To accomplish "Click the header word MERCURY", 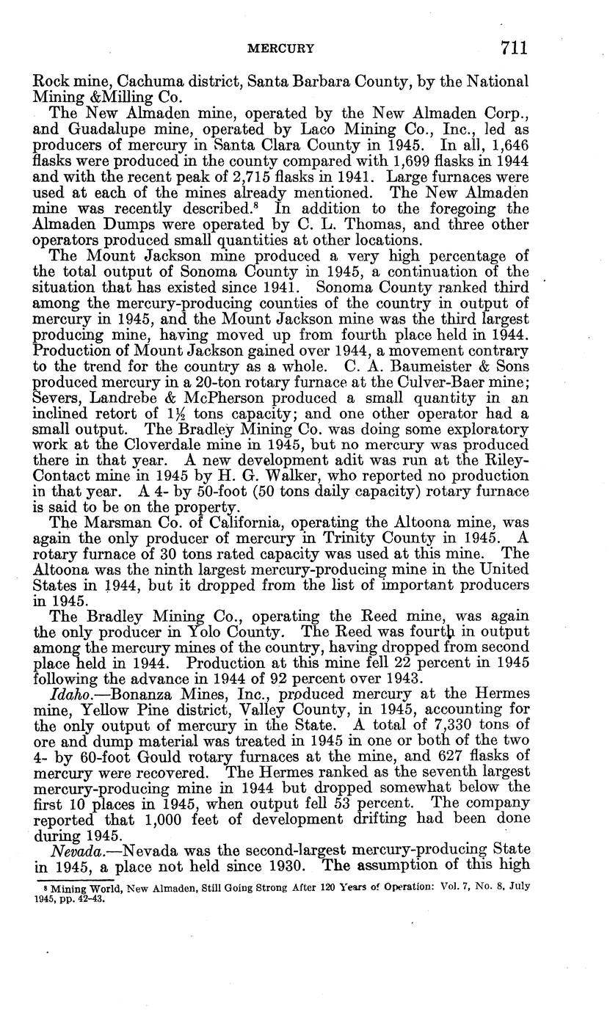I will pos(281,49).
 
